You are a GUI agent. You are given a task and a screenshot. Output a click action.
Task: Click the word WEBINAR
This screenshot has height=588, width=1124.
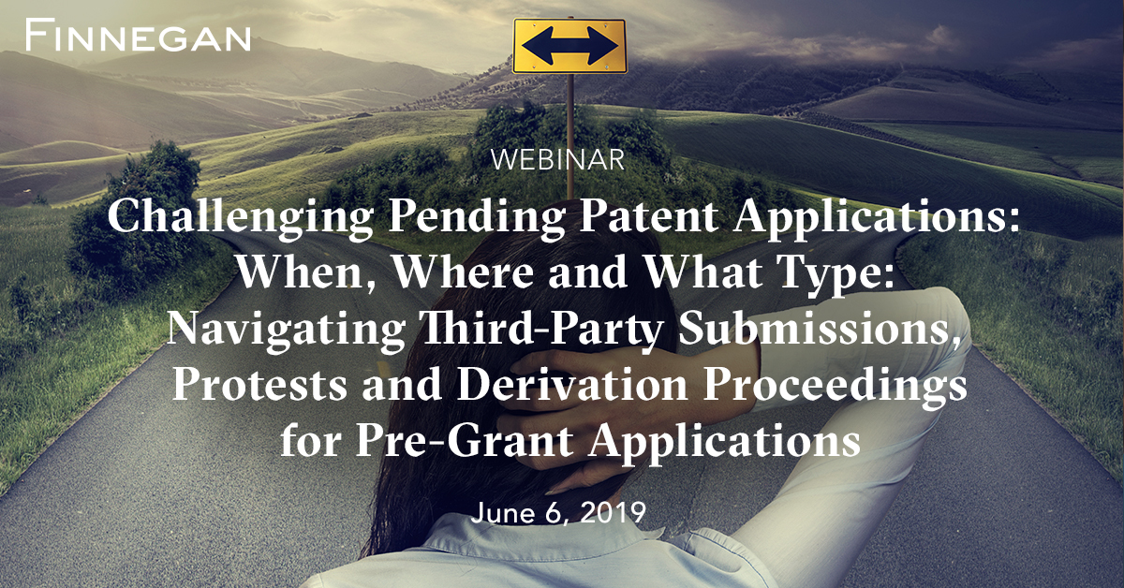[557, 160]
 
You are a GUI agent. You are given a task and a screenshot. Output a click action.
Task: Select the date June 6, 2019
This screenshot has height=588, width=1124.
[559, 513]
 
